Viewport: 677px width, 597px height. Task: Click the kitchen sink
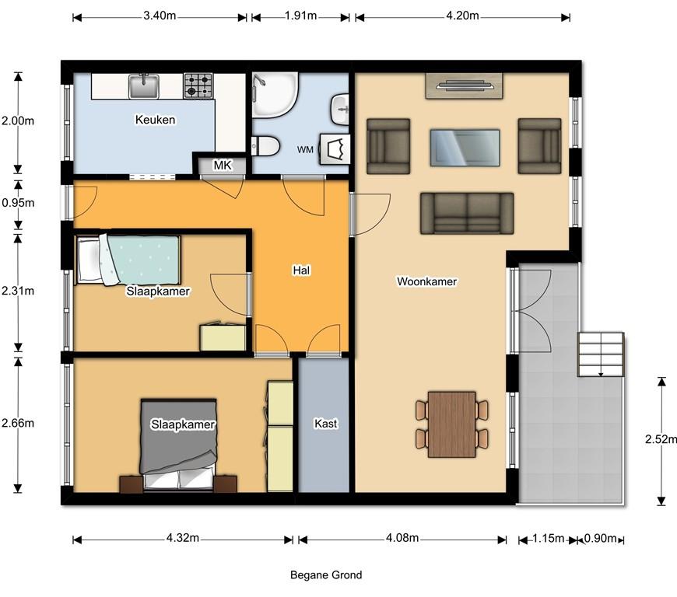tap(144, 86)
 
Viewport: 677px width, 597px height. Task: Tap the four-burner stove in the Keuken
tap(198, 85)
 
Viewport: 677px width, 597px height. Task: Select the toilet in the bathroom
tap(263, 145)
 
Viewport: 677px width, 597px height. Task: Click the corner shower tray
tap(275, 95)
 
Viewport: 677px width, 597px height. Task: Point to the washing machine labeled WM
tap(334, 149)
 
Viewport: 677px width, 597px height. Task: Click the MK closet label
tap(223, 165)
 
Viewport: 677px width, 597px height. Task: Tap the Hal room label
tap(301, 271)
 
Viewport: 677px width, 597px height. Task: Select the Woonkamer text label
tap(426, 281)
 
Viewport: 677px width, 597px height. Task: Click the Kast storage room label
tap(325, 424)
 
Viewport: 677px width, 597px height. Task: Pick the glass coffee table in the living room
tap(465, 148)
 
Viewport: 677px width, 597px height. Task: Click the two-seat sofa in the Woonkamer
tap(467, 213)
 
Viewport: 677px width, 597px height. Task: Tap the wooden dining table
tap(452, 424)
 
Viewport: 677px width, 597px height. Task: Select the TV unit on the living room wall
tap(464, 86)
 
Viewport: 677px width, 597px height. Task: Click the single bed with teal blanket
tap(128, 260)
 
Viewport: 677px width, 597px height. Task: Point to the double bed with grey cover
tap(178, 445)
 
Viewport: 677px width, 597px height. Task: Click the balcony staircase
tap(601, 354)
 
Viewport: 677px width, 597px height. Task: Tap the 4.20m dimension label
tap(462, 16)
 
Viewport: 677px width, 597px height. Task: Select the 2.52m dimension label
tap(661, 439)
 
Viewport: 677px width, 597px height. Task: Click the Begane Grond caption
tap(326, 575)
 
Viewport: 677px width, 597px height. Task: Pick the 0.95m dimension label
tap(18, 203)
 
